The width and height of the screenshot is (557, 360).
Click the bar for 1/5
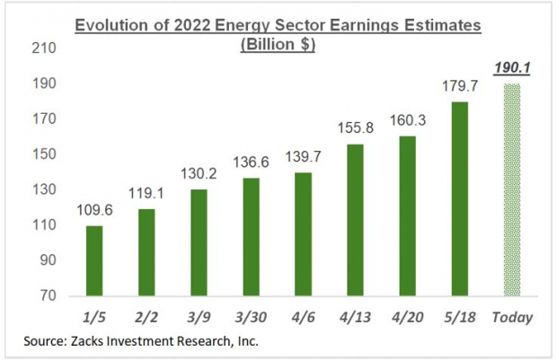(93, 260)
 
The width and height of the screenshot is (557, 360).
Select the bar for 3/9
(199, 242)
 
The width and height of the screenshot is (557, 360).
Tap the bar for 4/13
(355, 220)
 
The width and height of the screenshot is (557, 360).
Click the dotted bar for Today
(512, 189)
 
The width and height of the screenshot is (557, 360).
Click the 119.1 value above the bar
(146, 195)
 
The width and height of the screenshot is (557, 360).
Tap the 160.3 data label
(408, 122)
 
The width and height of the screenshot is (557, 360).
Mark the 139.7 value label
(303, 158)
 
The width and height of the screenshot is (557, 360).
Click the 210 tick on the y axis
(43, 48)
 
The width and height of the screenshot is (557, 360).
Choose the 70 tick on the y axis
(47, 295)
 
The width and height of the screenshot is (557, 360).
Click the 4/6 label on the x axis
(303, 317)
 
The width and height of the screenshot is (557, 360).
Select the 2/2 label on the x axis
(146, 317)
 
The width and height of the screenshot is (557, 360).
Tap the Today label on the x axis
(512, 317)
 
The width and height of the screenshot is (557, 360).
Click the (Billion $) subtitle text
(278, 44)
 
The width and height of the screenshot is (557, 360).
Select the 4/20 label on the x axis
(408, 317)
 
